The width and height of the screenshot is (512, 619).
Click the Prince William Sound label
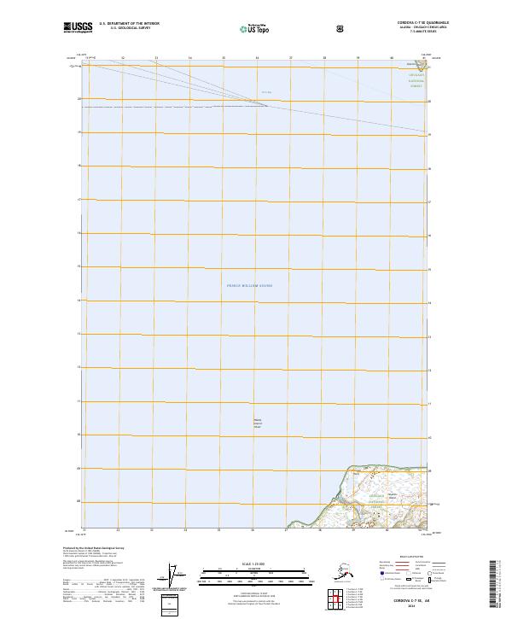[x=255, y=285]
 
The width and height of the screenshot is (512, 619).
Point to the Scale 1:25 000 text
[x=255, y=563]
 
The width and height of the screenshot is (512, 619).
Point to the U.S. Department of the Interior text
[x=129, y=23]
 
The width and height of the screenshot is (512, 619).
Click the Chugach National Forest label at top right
[x=416, y=80]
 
